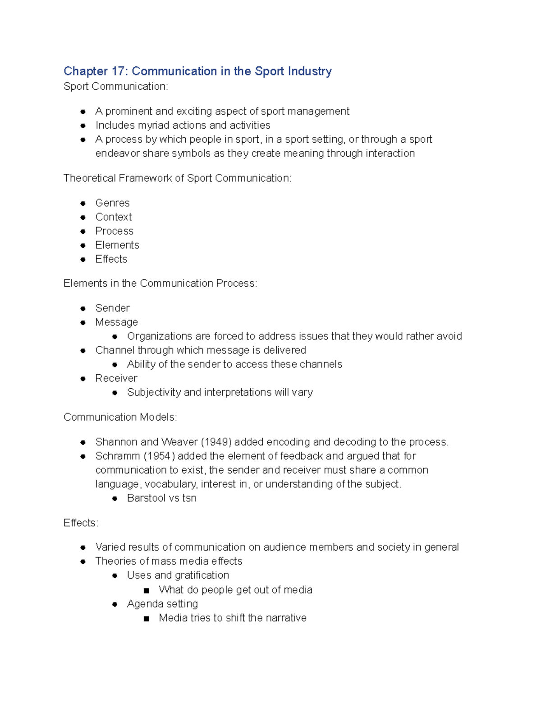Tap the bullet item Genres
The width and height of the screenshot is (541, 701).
tap(112, 203)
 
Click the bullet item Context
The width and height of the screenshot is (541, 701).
tap(113, 217)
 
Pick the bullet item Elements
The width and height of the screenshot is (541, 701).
tap(117, 245)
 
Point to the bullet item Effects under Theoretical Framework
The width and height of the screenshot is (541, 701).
tap(111, 259)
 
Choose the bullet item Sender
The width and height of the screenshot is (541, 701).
tap(112, 308)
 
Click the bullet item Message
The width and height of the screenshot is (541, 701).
tap(116, 322)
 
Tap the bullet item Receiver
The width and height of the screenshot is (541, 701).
tap(116, 378)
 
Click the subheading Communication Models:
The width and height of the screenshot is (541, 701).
tap(120, 417)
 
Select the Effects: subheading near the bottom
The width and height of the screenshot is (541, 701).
tap(81, 523)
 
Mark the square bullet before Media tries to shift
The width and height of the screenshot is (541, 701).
tap(146, 618)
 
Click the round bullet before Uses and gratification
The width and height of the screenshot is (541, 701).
tap(115, 576)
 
